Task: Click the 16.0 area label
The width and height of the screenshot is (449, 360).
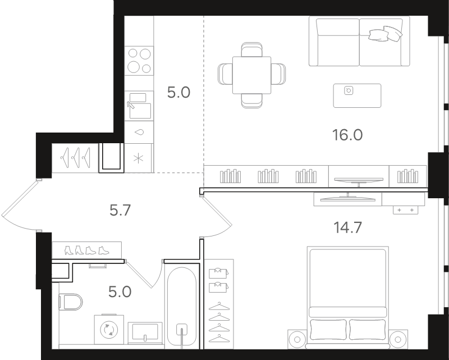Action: click(x=347, y=135)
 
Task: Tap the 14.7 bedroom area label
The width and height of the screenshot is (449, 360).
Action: click(x=347, y=227)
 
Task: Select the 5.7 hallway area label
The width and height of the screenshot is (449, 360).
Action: click(x=120, y=211)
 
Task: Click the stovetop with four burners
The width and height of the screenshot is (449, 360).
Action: click(x=139, y=61)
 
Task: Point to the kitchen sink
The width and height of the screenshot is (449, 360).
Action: click(x=139, y=106)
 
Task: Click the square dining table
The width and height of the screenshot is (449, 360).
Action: click(x=251, y=75)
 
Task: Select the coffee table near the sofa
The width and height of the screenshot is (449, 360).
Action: click(x=357, y=95)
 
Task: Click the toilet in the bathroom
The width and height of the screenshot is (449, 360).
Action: click(x=71, y=302)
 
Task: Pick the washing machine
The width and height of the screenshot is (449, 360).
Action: click(x=109, y=329)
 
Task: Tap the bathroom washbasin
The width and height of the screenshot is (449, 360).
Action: click(x=145, y=333)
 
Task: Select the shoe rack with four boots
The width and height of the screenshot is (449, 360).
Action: click(x=87, y=250)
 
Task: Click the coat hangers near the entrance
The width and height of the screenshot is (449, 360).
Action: click(x=75, y=157)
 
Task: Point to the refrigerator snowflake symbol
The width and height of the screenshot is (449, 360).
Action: click(x=138, y=158)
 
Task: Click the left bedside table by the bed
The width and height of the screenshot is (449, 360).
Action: click(x=297, y=339)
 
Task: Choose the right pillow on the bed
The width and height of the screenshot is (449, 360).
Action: click(x=367, y=329)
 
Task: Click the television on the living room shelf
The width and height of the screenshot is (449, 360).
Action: click(x=359, y=181)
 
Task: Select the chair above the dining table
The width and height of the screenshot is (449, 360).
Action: click(x=251, y=49)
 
